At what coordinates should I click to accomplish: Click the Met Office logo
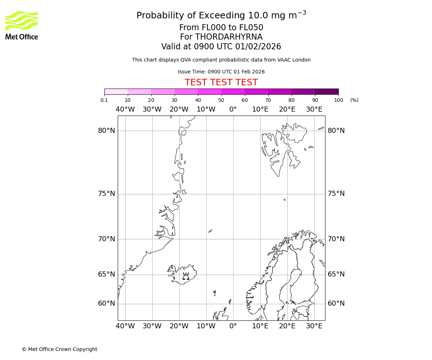22,25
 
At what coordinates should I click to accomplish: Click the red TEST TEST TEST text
221,82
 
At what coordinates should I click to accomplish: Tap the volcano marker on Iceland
186,276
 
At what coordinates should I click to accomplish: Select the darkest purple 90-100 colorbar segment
327,91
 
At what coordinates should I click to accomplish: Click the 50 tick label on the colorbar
221,100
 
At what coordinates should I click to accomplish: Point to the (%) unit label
354,100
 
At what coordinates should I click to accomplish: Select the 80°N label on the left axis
107,131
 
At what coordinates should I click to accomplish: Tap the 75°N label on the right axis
336,194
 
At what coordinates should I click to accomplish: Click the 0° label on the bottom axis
233,326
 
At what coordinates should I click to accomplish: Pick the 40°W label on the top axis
125,109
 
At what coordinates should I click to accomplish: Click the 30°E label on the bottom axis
314,326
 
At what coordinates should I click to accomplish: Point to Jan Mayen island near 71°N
210,231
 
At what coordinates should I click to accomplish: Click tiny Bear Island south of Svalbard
284,199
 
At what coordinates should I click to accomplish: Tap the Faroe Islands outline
215,293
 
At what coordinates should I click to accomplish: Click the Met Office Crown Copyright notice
59,349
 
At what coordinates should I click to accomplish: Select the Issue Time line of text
221,72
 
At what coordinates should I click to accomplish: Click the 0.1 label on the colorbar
104,100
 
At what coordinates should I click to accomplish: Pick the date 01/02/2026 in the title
258,47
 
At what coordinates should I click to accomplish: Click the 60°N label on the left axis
107,303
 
